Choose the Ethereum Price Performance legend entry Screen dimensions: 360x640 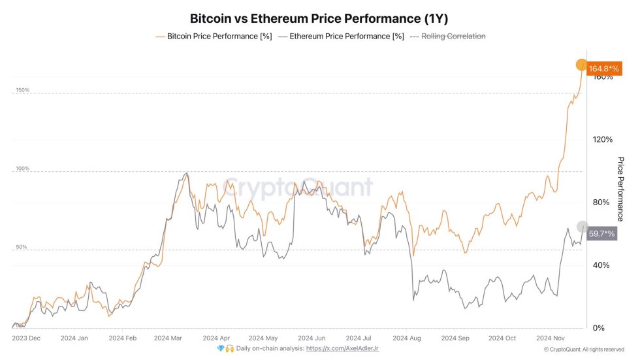pyautogui.click(x=340, y=37)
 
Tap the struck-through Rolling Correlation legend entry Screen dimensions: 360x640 pyautogui.click(x=453, y=37)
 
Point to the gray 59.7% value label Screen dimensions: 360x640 pyautogui.click(x=601, y=233)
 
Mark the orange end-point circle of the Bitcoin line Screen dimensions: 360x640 pyautogui.click(x=581, y=64)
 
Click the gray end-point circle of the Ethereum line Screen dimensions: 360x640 pyautogui.click(x=583, y=227)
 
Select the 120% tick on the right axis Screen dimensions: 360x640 pyautogui.click(x=602, y=139)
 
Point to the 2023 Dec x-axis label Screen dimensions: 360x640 pyautogui.click(x=27, y=338)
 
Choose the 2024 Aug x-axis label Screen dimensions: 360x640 pyautogui.click(x=407, y=338)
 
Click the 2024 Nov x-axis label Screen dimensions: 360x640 pyautogui.click(x=550, y=338)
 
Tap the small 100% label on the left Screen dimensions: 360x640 pyautogui.click(x=23, y=169)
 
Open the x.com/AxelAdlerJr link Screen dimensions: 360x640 pyautogui.click(x=342, y=349)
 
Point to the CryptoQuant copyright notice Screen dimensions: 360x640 pyautogui.click(x=584, y=350)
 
